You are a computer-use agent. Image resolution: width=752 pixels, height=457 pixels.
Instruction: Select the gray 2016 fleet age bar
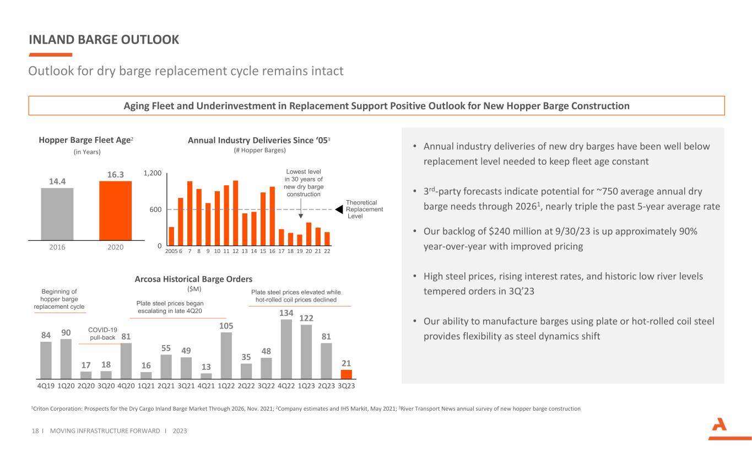tap(57, 214)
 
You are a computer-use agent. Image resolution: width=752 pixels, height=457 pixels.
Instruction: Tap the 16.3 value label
tap(115, 175)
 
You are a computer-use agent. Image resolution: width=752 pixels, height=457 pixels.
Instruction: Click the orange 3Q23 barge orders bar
tap(346, 374)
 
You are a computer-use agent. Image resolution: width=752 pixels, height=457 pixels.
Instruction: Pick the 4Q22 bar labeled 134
tap(286, 349)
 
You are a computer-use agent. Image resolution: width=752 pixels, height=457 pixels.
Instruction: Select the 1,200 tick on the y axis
tap(152, 173)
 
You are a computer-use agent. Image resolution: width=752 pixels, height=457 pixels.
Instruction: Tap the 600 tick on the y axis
tap(155, 209)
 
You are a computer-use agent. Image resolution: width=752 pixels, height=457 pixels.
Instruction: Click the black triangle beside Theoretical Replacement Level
tap(339, 209)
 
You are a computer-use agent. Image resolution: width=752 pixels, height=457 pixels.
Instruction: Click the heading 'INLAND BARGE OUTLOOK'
tap(104, 40)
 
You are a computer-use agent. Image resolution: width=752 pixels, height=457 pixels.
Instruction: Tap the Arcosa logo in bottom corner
tap(721, 429)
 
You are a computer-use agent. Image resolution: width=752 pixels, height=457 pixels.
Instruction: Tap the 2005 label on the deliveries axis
tap(170, 251)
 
